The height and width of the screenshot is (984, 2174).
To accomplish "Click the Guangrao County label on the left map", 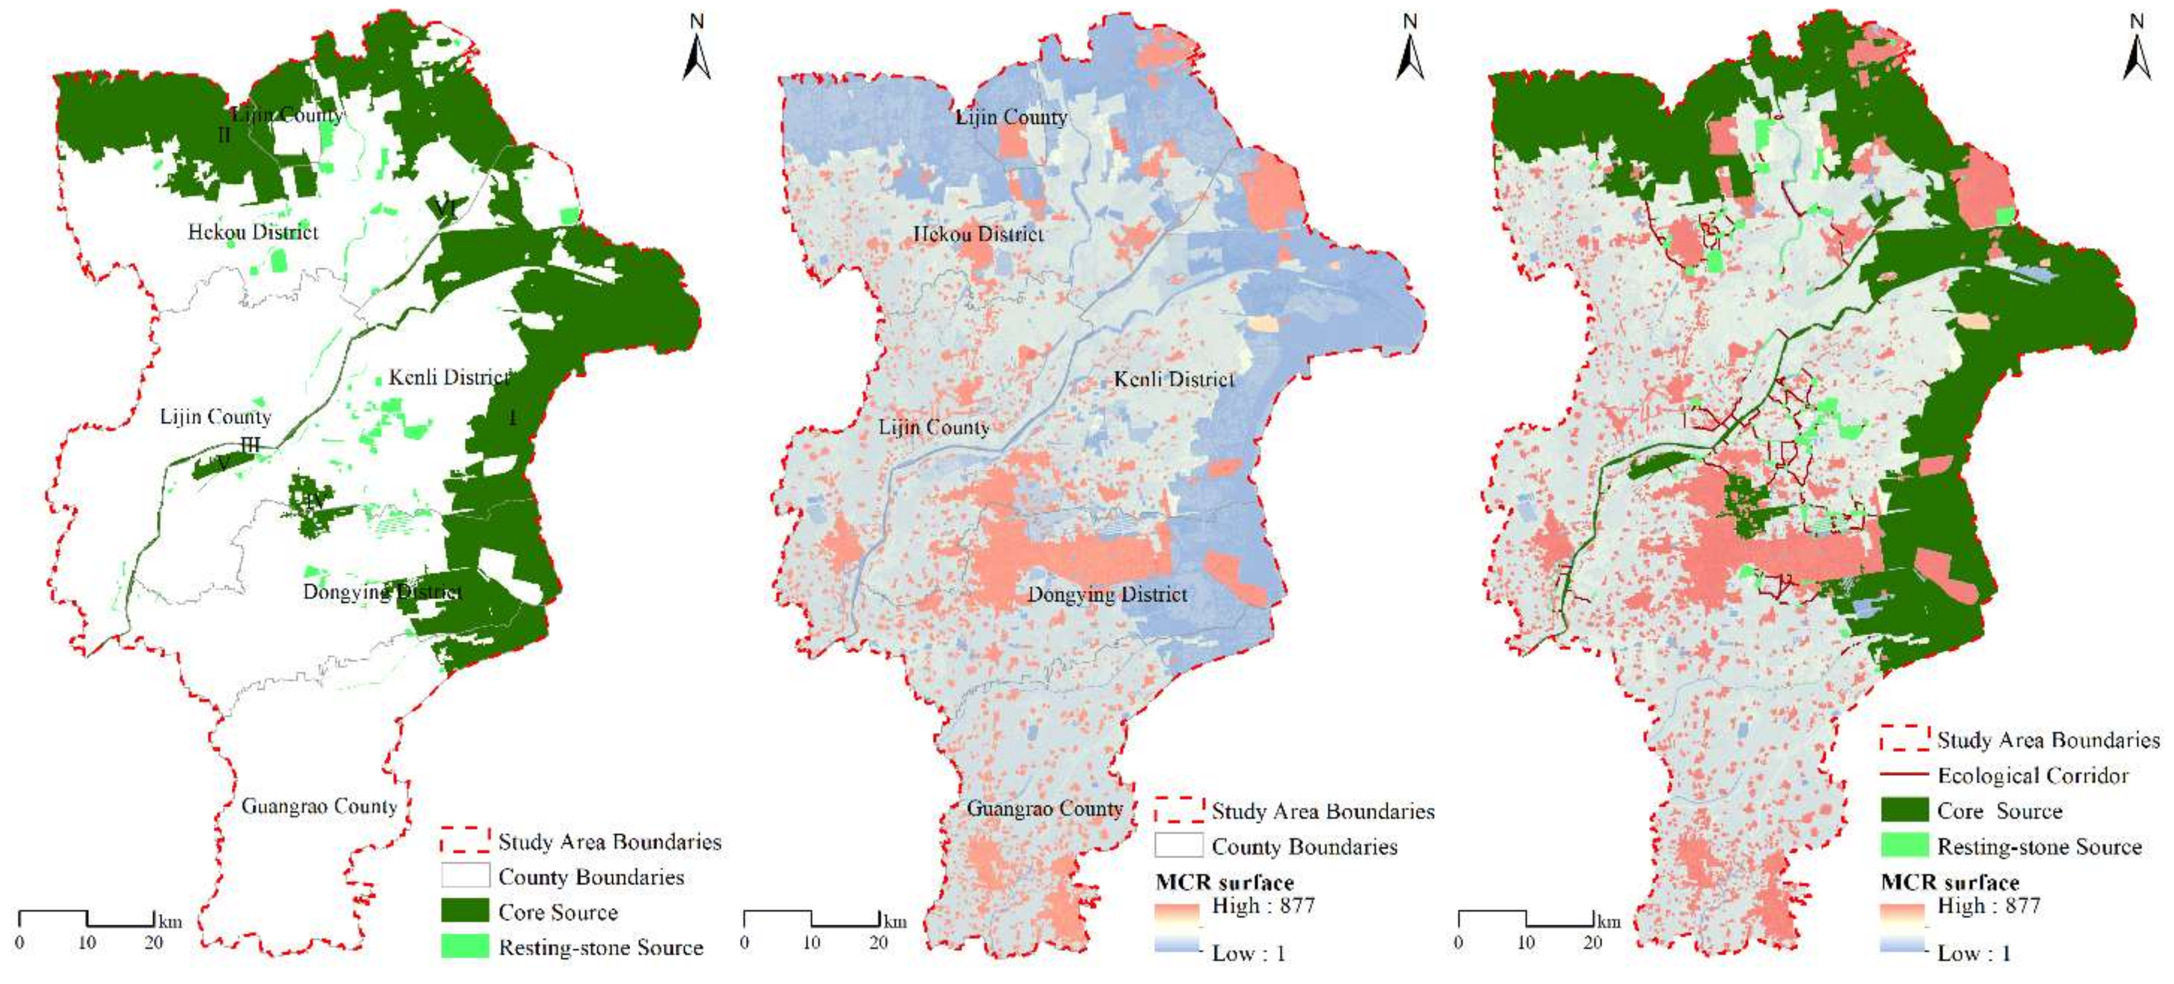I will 319,806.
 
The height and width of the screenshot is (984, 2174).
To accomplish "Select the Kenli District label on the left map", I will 449,377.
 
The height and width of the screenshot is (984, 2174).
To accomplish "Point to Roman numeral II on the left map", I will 224,134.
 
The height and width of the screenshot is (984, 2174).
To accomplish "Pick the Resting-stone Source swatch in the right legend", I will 1904,845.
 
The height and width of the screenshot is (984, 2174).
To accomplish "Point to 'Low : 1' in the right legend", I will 1973,953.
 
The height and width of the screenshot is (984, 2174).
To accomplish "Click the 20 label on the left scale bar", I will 153,943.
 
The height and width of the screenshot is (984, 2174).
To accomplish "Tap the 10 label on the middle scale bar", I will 811,943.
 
